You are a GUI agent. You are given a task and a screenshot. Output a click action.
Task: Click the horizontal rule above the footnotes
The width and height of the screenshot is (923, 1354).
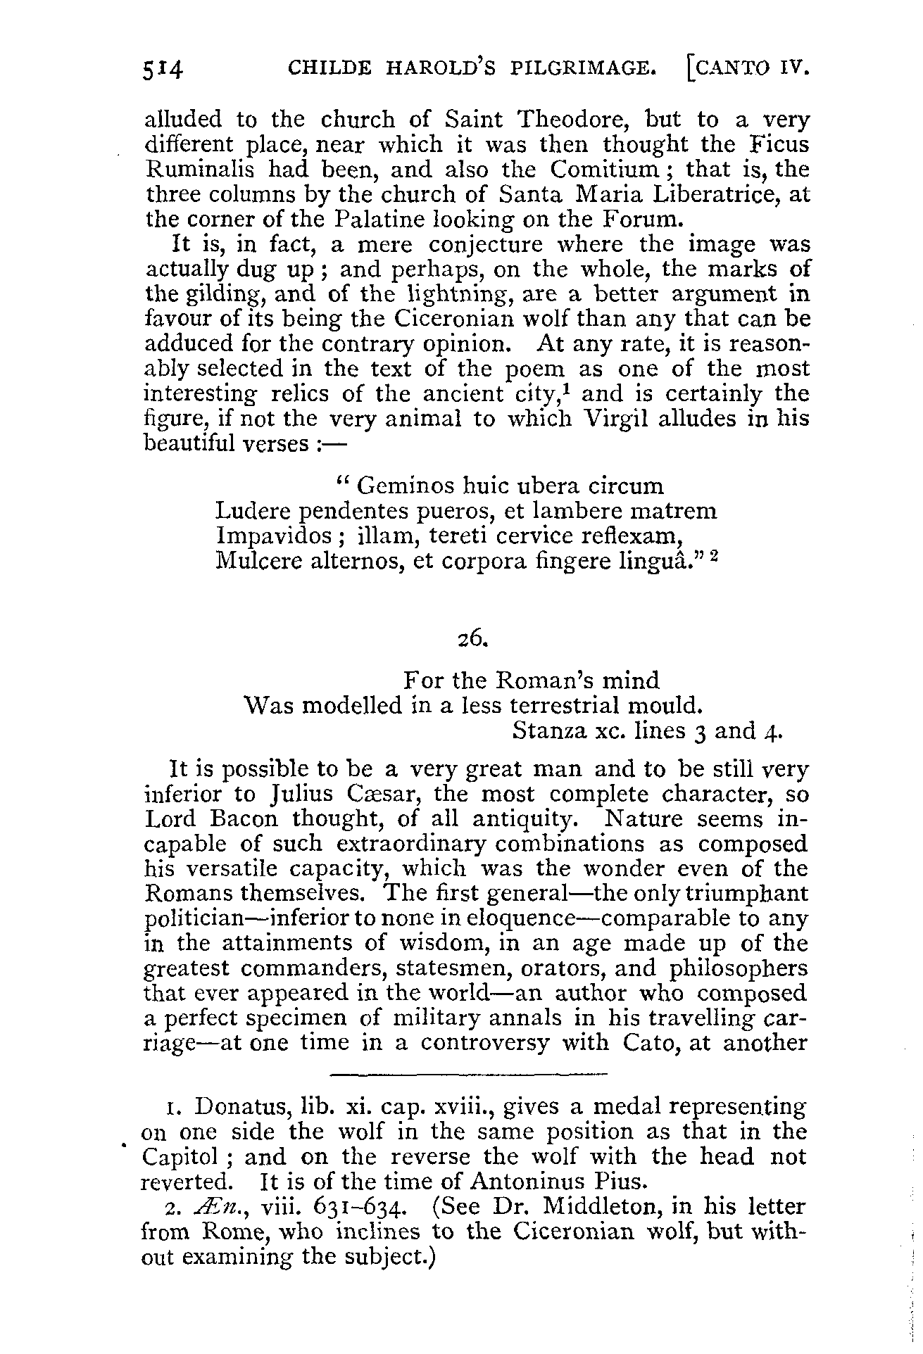pos(467,1075)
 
